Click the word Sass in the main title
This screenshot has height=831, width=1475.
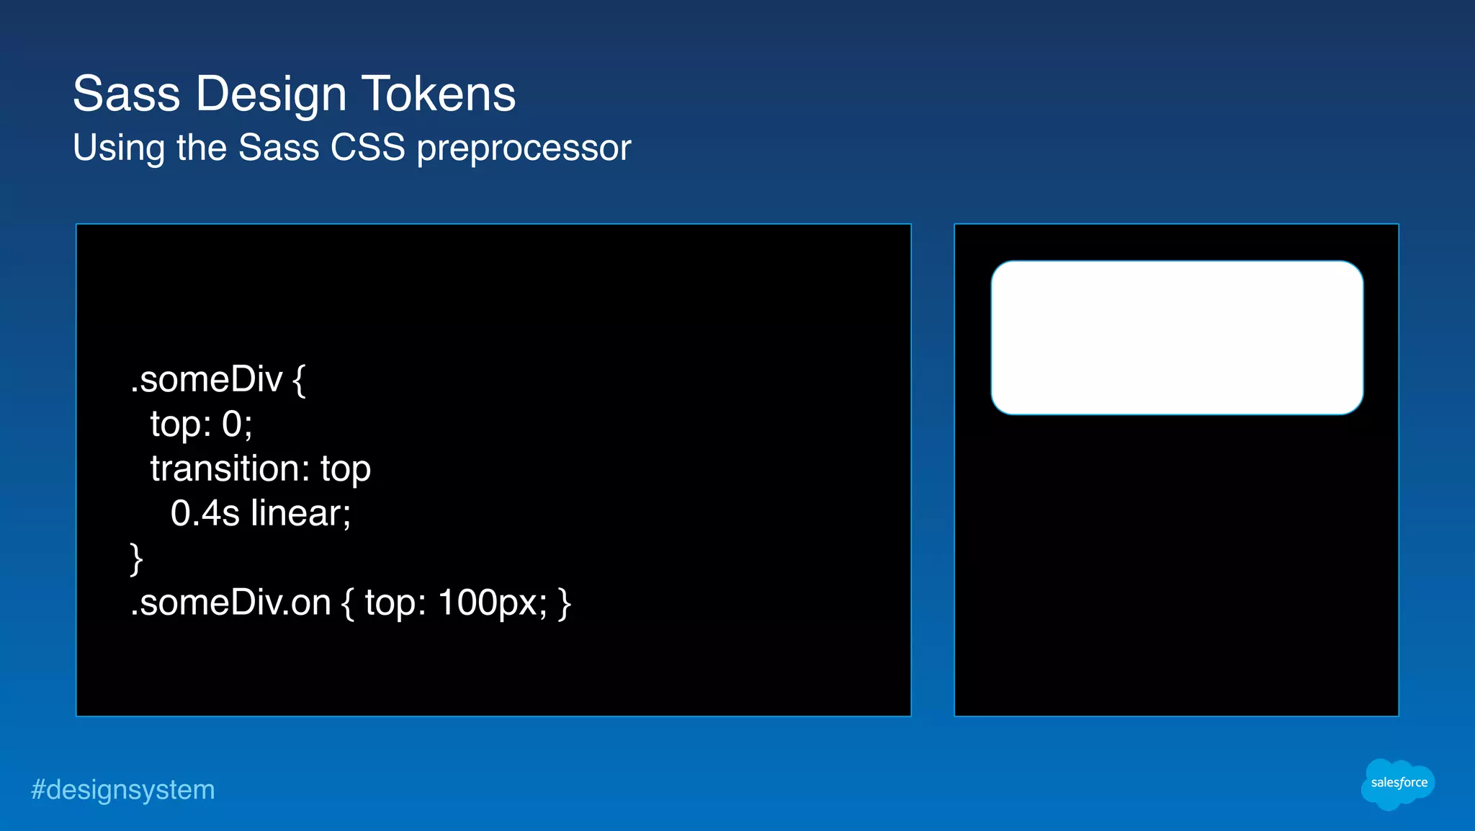(x=126, y=94)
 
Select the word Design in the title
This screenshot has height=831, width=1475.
(x=271, y=94)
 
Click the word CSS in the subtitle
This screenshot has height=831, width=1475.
(x=368, y=148)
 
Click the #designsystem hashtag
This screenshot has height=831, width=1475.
(x=122, y=790)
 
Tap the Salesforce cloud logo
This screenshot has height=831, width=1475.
(x=1398, y=783)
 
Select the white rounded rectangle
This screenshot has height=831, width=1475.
(x=1177, y=338)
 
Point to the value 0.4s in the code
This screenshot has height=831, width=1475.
(x=205, y=514)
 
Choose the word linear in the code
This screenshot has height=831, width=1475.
(x=300, y=514)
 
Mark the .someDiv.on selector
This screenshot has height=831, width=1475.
(x=230, y=603)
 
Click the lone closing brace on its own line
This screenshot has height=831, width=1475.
(x=136, y=559)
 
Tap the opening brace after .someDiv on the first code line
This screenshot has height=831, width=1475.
(x=300, y=380)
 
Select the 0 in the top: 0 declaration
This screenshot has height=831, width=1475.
(x=232, y=425)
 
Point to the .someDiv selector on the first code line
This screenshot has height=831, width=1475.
(x=207, y=380)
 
